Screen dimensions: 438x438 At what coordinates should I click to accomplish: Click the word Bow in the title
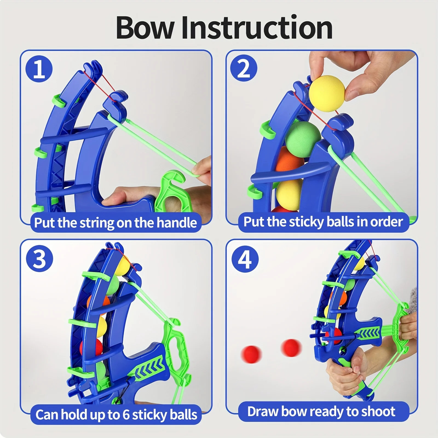pos(145,28)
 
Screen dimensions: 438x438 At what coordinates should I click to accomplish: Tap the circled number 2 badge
pos(243,68)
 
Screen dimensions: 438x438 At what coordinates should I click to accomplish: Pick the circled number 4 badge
pos(245,259)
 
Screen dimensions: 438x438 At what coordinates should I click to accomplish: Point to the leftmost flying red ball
pos(251,353)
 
